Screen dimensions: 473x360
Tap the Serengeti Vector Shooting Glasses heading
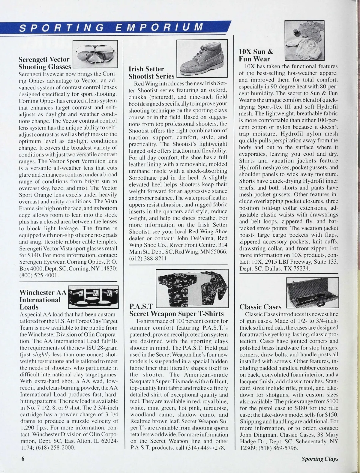click(44, 63)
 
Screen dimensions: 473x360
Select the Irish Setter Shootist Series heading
click(151, 73)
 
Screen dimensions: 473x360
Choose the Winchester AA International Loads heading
click(41, 300)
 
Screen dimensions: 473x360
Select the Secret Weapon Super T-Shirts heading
click(176, 314)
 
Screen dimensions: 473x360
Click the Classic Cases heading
click(260, 307)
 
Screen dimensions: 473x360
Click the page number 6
click(22, 459)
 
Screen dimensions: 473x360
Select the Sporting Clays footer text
click(320, 459)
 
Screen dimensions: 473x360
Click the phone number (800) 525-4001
click(39, 275)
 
